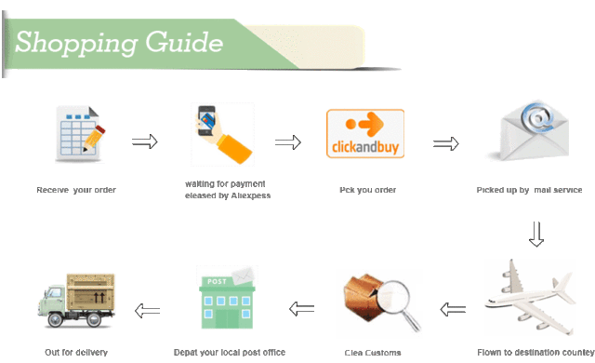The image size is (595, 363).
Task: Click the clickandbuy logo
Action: pyautogui.click(x=365, y=136)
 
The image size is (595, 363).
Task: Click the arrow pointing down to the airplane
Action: pyautogui.click(x=535, y=235)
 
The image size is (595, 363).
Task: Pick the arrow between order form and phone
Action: pyautogui.click(x=144, y=141)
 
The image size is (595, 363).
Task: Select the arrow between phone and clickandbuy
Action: pyautogui.click(x=288, y=142)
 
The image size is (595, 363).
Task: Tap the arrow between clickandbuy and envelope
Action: pyautogui.click(x=447, y=143)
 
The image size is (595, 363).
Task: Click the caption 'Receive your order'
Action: pyautogui.click(x=76, y=190)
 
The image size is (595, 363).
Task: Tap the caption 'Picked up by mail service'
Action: pyautogui.click(x=529, y=190)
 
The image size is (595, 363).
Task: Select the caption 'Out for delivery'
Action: pyautogui.click(x=76, y=353)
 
